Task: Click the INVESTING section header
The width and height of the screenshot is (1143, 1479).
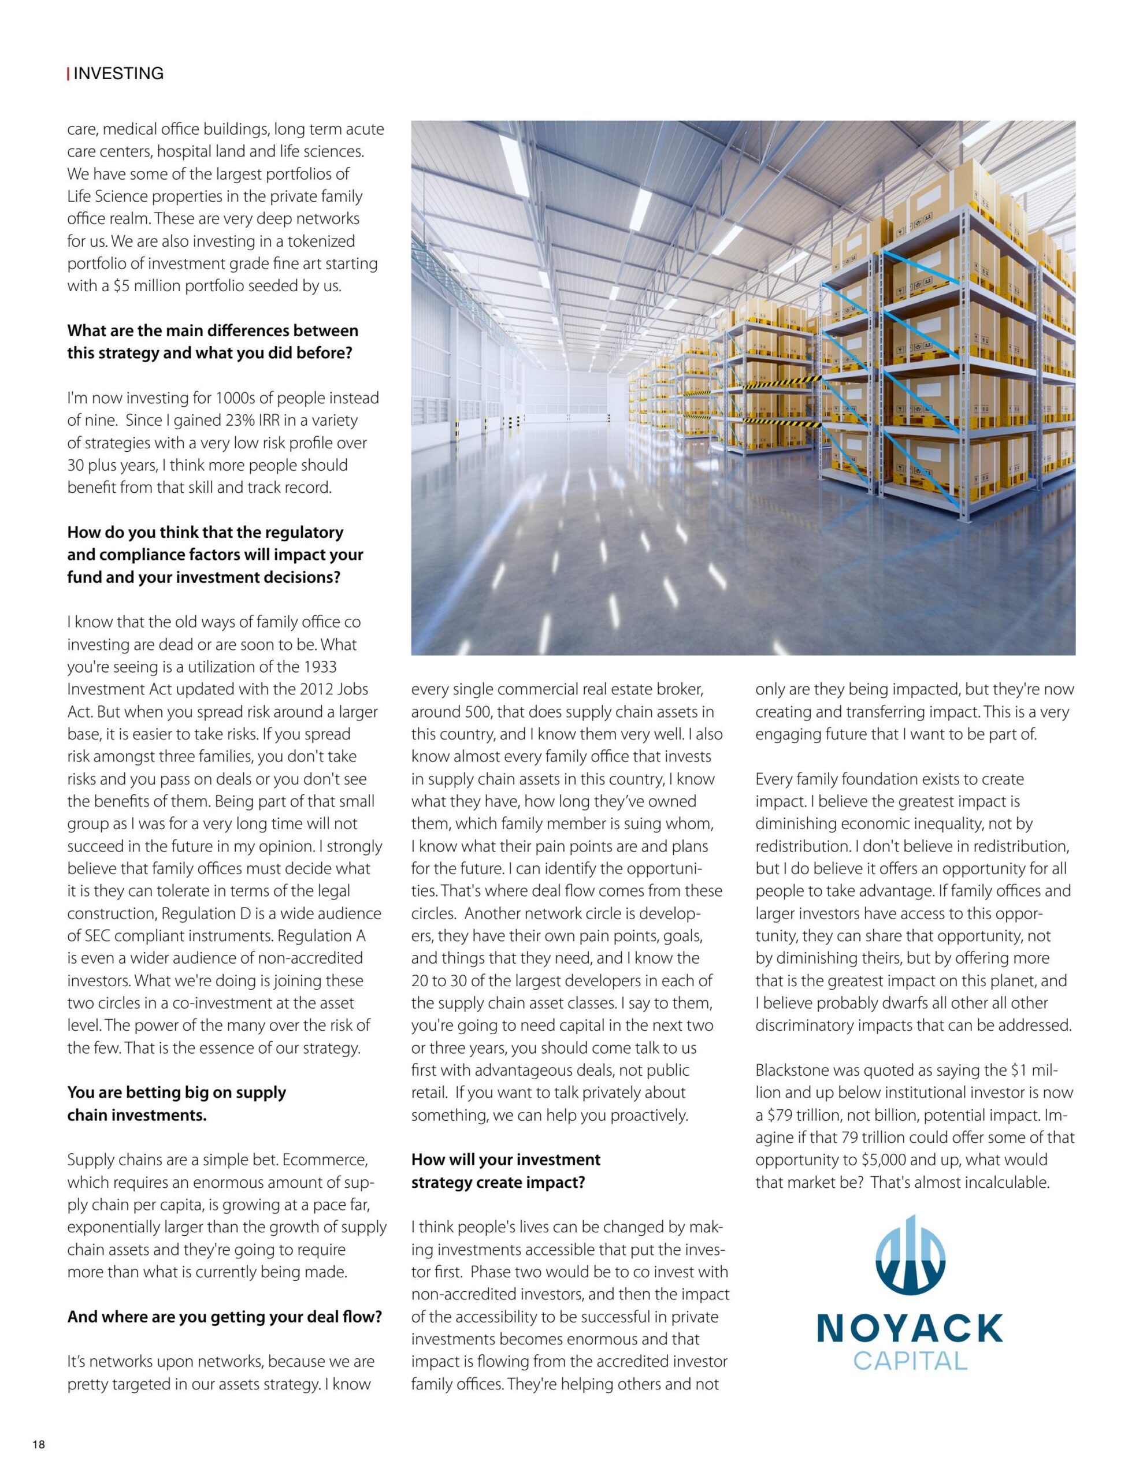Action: [118, 73]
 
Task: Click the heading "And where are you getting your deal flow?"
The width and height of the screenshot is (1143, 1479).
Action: [224, 1317]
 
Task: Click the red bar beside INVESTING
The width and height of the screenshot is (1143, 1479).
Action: [68, 74]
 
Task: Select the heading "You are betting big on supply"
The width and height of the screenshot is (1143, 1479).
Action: [177, 1092]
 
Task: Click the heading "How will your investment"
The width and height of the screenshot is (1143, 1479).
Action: [506, 1160]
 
